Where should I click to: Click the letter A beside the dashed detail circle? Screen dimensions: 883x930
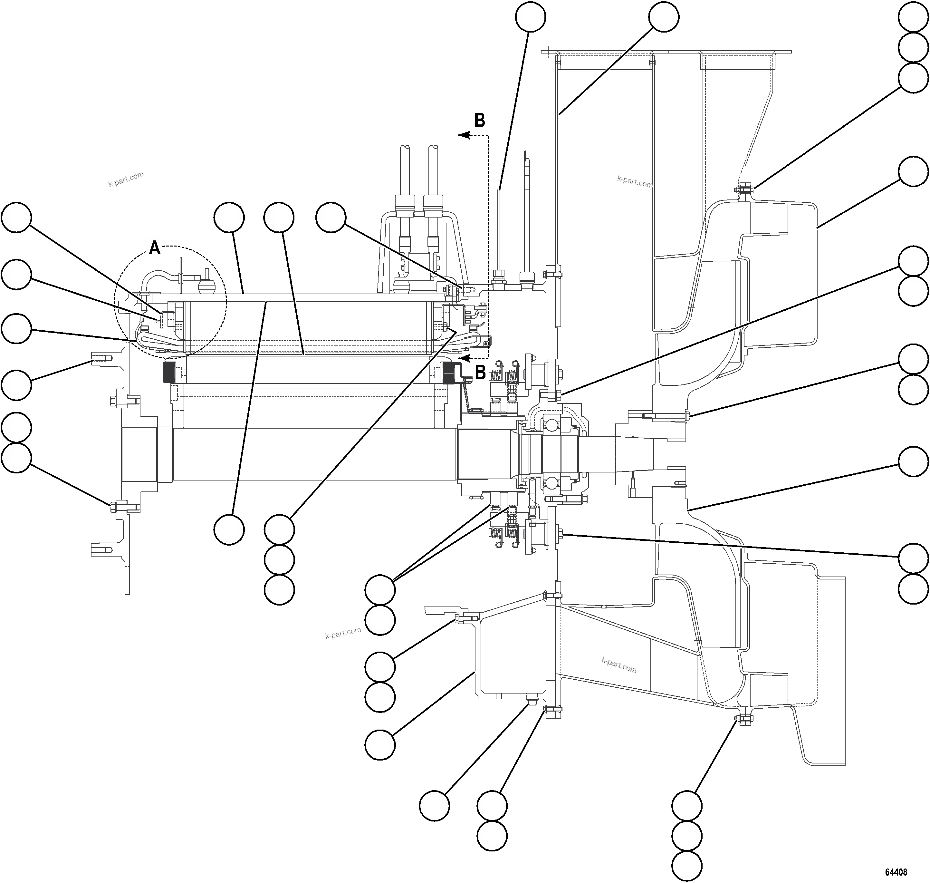point(155,248)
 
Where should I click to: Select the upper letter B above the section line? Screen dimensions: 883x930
point(479,121)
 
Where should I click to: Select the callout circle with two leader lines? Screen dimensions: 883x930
point(380,589)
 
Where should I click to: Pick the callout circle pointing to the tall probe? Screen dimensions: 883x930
point(530,17)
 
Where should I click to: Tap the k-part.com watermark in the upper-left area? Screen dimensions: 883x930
point(126,179)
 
